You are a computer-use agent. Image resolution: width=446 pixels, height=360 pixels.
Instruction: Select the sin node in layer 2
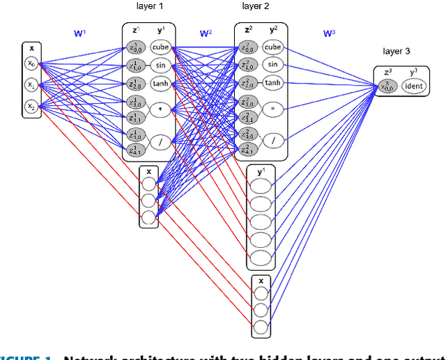click(x=272, y=65)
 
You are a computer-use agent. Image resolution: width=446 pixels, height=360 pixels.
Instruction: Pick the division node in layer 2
click(x=273, y=140)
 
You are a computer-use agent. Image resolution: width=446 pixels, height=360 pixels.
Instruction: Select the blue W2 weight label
click(x=205, y=33)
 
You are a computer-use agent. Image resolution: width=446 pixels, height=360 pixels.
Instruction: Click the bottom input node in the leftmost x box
click(x=32, y=107)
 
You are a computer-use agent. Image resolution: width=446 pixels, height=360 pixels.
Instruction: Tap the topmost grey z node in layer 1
click(x=135, y=48)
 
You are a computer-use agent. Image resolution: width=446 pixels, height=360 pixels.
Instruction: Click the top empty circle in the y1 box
click(x=261, y=186)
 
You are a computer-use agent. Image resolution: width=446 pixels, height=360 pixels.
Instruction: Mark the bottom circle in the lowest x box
click(x=261, y=327)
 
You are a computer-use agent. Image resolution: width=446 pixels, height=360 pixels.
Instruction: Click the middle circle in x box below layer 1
click(x=148, y=201)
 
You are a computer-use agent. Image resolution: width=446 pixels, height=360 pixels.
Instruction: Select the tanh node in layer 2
click(x=272, y=83)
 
